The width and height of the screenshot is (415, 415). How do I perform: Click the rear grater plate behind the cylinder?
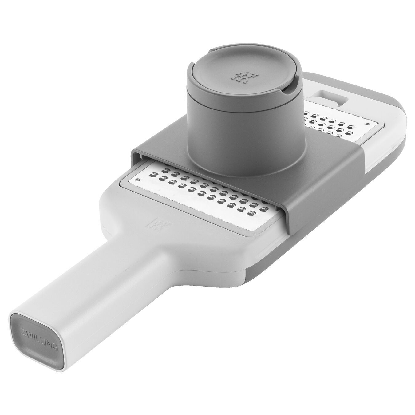pos(338,123)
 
